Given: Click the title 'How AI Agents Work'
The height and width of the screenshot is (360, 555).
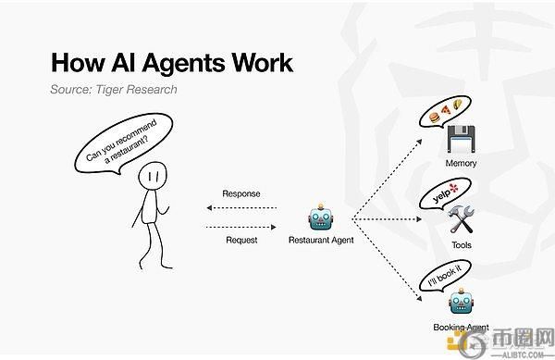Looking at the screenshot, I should (x=171, y=63).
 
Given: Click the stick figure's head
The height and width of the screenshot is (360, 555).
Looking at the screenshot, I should (x=153, y=175).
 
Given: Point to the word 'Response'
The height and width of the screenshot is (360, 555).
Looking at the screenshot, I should (x=240, y=194).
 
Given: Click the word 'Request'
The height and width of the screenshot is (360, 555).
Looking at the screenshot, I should (x=240, y=239).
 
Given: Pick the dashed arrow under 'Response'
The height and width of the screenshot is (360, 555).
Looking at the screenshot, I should (x=240, y=209).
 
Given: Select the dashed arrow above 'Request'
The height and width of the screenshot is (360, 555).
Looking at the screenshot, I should (x=240, y=224).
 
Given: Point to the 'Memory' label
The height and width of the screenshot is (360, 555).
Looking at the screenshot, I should (x=461, y=164).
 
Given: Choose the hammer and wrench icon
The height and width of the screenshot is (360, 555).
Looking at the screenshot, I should (x=460, y=220).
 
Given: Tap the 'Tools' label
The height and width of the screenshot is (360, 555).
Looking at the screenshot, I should (x=461, y=245).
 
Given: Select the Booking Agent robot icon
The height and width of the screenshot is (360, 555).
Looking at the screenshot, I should (x=461, y=302).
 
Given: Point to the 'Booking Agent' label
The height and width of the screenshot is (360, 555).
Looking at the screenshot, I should (x=461, y=327).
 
